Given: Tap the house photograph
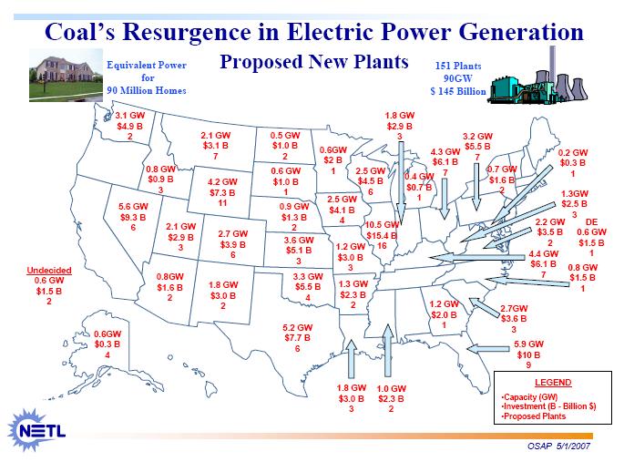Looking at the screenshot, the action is point(66,76).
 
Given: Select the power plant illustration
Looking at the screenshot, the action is point(539,76).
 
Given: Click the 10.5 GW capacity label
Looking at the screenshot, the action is point(382,225).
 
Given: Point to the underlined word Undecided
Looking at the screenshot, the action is point(49,271).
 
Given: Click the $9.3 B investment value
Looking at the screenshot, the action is point(133,217).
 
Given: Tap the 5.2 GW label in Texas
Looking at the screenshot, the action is point(297,327).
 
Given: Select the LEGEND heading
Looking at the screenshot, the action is point(553,383).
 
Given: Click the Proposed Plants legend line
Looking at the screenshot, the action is point(534,416).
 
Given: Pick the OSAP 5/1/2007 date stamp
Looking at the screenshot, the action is point(558,446).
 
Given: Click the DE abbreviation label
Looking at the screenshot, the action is point(591,222).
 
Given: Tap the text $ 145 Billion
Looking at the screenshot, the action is point(458,91).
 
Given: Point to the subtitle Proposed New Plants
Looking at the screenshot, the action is point(314,62).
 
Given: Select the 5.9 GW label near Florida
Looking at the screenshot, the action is point(528,344).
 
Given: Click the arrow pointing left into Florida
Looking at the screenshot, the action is point(488,349).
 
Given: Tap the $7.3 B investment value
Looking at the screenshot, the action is point(222,192).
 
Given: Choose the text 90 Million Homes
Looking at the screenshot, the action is point(147,90).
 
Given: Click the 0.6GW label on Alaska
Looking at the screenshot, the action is point(107,334).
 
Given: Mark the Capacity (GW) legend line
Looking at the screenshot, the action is point(529,396).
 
